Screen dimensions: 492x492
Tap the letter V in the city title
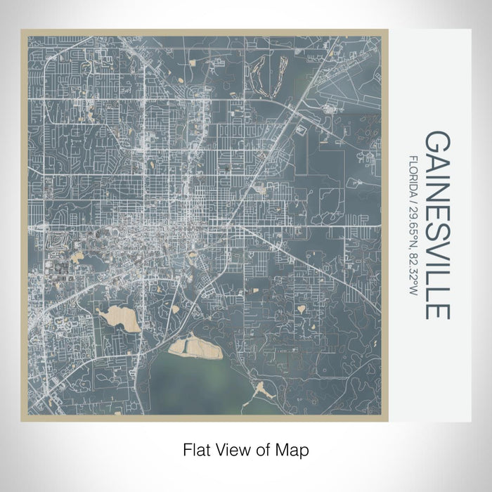click(x=436, y=253)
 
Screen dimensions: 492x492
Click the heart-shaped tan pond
click(x=302, y=308)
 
